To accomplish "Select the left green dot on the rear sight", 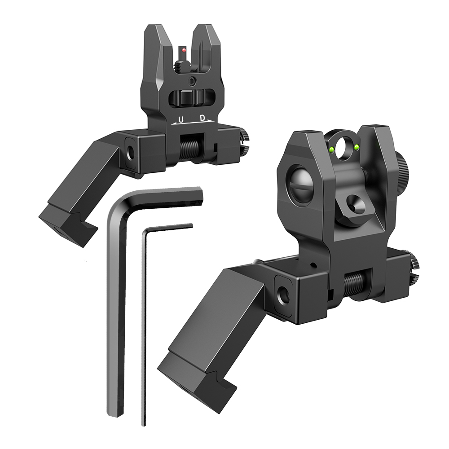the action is (332, 149).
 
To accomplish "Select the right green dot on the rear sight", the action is (357, 147).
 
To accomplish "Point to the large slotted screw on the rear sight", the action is (301, 184).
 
